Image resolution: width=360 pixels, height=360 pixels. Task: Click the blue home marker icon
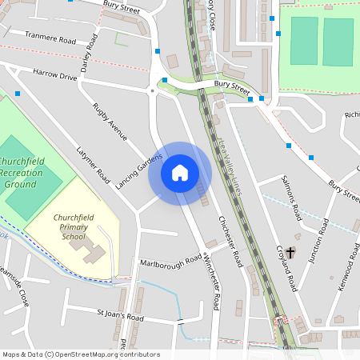(x=180, y=174)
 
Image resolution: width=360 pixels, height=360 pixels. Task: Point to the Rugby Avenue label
(x=110, y=122)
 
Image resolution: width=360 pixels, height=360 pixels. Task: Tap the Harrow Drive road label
(x=55, y=75)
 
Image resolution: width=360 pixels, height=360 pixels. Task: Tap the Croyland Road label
(x=287, y=273)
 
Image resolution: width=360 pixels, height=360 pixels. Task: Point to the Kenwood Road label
(x=348, y=272)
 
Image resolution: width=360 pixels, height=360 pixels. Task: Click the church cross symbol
(x=290, y=253)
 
